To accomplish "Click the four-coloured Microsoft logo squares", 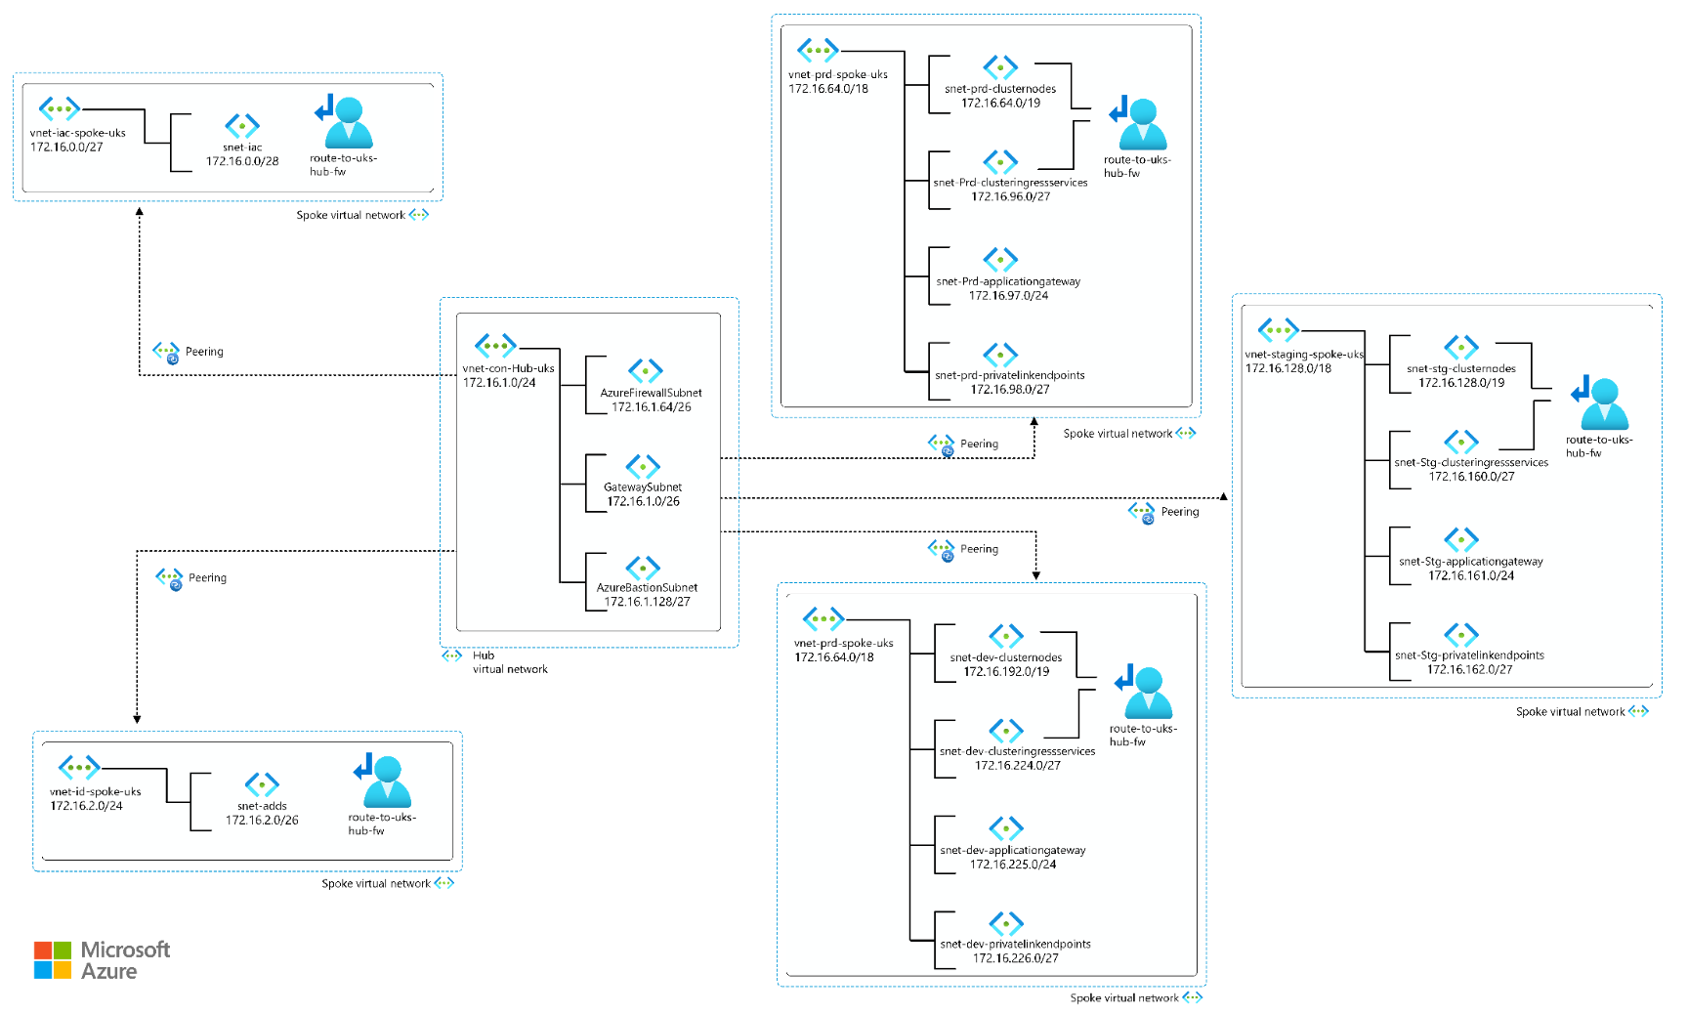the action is [53, 960].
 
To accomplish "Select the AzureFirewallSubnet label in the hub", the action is [651, 393].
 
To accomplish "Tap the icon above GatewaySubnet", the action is [643, 466].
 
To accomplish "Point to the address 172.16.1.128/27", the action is [647, 602].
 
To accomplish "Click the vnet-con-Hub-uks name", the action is [508, 368].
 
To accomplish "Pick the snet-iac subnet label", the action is [242, 148].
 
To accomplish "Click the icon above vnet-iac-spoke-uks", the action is [59, 108].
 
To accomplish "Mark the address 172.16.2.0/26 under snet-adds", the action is [262, 821].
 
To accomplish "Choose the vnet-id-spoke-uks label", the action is [95, 792].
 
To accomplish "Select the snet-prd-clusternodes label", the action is [1000, 89].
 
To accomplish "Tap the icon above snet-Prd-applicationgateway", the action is [1000, 260].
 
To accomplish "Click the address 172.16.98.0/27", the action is [1010, 390].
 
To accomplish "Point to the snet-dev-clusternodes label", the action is [1006, 657].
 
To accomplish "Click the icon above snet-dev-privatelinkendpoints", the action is [1006, 923].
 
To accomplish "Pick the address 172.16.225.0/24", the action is [1013, 865].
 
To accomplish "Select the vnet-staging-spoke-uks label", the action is [1304, 355].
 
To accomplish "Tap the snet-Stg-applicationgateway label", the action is [1471, 562].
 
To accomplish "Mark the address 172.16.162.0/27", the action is [1469, 669].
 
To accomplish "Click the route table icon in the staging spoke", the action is [1600, 403].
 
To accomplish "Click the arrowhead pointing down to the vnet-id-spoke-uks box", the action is [137, 719].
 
